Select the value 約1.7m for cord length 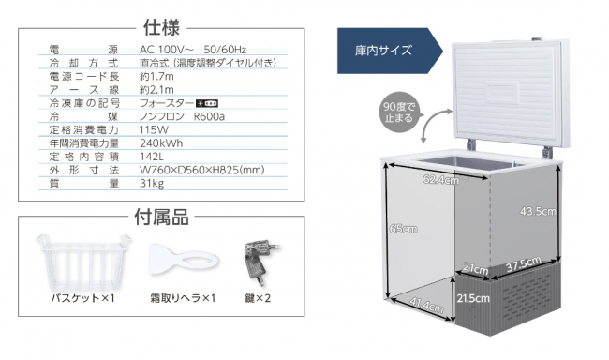(156, 75)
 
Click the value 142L (152, 157)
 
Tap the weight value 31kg (151, 185)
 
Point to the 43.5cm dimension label (537, 213)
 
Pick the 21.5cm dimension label (471, 297)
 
